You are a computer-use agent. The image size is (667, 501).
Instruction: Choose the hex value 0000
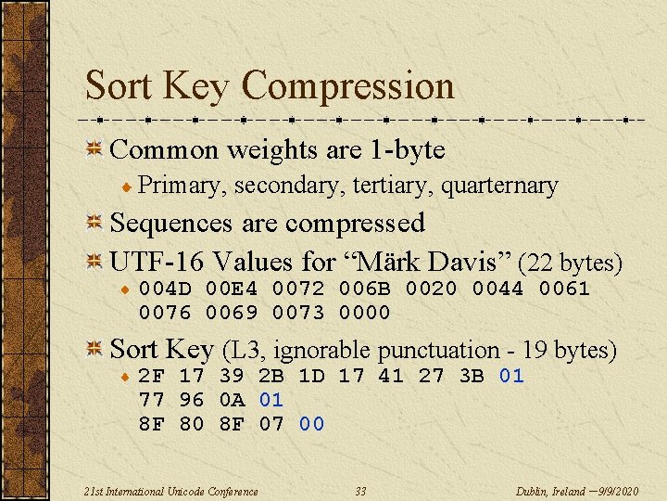tap(365, 313)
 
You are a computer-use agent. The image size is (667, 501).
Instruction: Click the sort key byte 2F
tap(151, 376)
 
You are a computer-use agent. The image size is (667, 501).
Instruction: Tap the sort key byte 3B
tap(472, 376)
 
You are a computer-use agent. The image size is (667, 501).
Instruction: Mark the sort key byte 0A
tap(232, 400)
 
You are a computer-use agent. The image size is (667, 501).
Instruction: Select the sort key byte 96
tap(192, 400)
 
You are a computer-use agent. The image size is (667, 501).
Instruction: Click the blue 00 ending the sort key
tap(311, 424)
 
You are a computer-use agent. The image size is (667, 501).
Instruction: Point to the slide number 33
tap(362, 491)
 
